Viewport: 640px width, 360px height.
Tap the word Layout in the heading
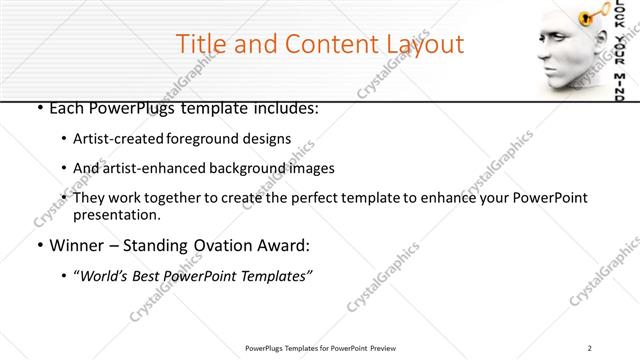(419, 44)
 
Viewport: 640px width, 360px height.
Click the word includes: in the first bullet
(282, 107)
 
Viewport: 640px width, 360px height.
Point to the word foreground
(210, 138)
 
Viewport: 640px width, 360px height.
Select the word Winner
(77, 245)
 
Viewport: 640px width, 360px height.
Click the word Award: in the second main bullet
(285, 245)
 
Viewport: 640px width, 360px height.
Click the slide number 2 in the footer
(590, 348)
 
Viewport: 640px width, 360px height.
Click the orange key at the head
(592, 16)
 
